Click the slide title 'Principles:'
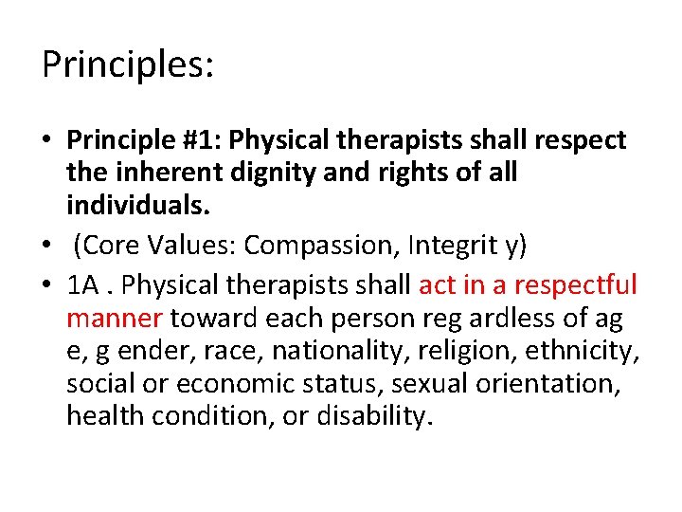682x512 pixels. click(x=129, y=65)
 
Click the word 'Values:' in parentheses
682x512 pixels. click(x=193, y=246)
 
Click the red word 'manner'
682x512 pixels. click(x=114, y=319)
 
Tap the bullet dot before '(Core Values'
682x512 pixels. click(x=47, y=247)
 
